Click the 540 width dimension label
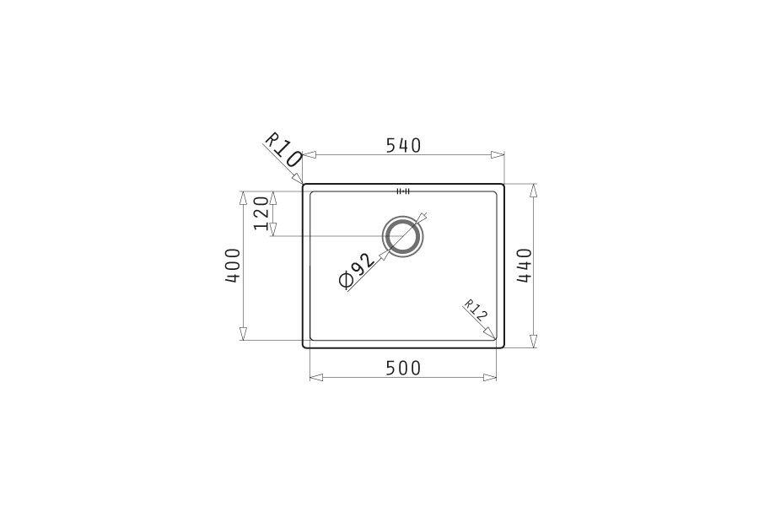404,145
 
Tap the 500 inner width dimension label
404,369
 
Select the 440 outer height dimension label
525,266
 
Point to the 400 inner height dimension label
233,266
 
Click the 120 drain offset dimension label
261,213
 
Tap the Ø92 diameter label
358,271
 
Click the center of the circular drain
403,236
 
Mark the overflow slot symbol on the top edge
403,191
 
